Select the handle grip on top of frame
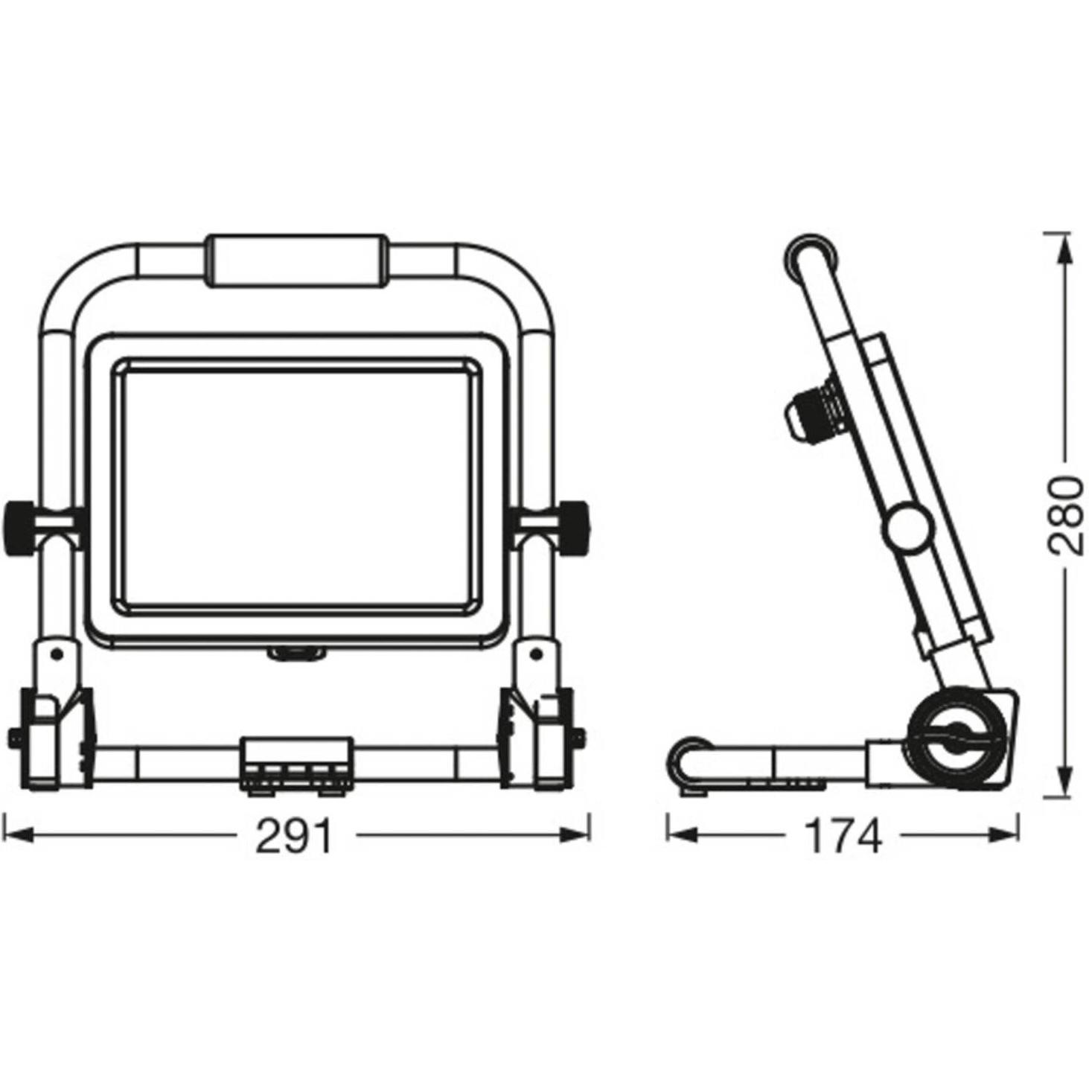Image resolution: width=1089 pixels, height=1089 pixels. [296, 261]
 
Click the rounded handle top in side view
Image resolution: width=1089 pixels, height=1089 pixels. [811, 257]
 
